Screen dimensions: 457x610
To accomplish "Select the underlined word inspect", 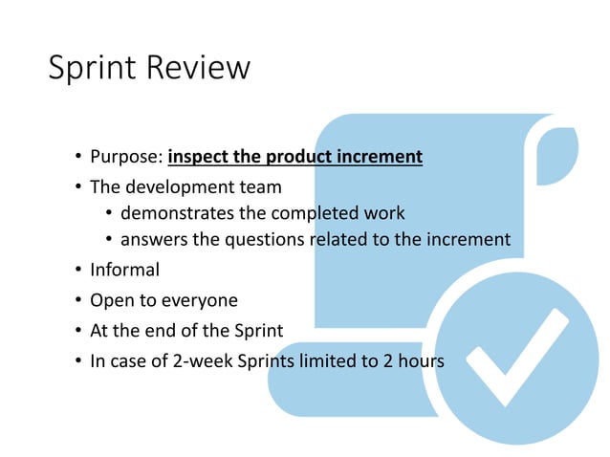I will pyautogui.click(x=198, y=157).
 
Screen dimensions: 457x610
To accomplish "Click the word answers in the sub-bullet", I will pyautogui.click(x=154, y=240).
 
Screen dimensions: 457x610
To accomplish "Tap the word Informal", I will pyautogui.click(x=124, y=270).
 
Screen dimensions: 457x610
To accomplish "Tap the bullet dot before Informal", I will pyautogui.click(x=76, y=271).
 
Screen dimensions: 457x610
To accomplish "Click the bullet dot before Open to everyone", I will pyautogui.click(x=76, y=301).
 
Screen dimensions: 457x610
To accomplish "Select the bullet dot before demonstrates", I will pyautogui.click(x=108, y=213).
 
